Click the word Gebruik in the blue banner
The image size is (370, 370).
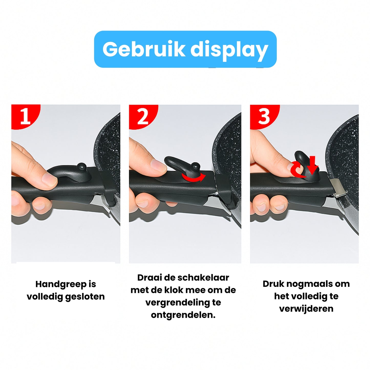pos(143,49)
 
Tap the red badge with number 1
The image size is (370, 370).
pos(25,117)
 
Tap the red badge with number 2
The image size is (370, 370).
pos(142,117)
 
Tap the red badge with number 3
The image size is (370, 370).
pos(264,117)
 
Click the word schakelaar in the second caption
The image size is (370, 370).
pos(203,278)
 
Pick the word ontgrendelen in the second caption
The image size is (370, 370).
pos(183,315)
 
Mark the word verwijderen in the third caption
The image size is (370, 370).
pos(306,309)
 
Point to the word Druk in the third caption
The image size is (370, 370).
pos(273,284)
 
